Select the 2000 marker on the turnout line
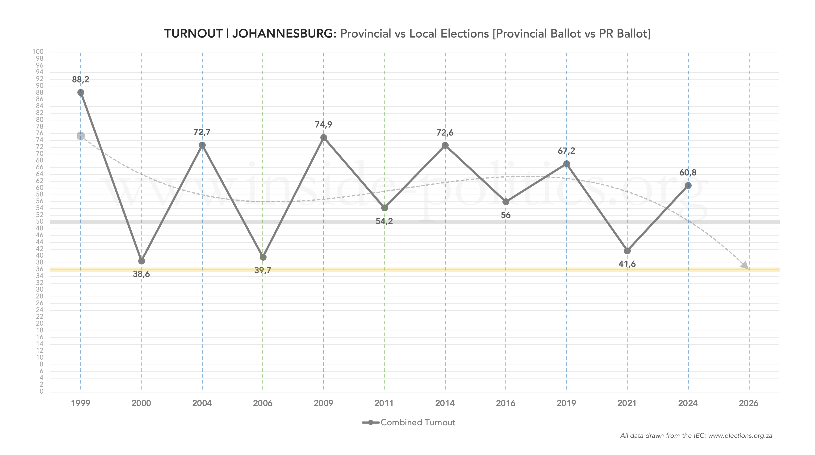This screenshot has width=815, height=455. tap(142, 261)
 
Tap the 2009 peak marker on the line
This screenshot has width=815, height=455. tap(323, 138)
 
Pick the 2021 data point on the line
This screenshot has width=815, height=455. tap(627, 251)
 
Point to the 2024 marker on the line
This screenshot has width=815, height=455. tap(688, 186)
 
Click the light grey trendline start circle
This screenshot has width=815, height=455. tap(81, 136)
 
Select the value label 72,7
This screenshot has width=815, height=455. tap(202, 132)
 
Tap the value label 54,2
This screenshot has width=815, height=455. tap(384, 221)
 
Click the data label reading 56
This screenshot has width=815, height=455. tap(506, 215)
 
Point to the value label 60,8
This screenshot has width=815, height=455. tap(688, 173)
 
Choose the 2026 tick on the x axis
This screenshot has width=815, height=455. tap(748, 403)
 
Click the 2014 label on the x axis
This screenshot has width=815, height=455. tap(445, 403)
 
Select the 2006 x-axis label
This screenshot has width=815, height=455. tap(263, 403)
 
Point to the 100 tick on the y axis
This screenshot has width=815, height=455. tap(38, 52)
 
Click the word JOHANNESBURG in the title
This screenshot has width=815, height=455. tap(284, 34)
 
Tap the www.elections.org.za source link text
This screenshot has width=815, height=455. tap(740, 436)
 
